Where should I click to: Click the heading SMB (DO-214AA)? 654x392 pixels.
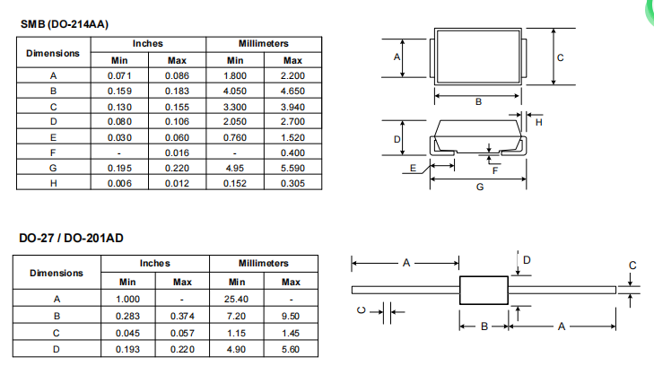point(65,24)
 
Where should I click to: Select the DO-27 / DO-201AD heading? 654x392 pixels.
point(72,238)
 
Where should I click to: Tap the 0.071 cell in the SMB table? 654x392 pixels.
point(119,76)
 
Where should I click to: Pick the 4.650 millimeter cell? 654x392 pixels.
point(292,91)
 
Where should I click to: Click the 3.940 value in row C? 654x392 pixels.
point(292,107)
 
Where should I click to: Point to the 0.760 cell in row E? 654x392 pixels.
point(235,137)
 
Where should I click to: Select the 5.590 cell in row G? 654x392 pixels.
point(292,168)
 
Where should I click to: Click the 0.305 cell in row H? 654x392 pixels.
point(292,184)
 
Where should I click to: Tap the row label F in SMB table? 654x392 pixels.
point(53,153)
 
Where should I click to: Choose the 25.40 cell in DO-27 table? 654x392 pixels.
point(236,300)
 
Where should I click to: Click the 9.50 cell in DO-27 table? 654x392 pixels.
point(291,317)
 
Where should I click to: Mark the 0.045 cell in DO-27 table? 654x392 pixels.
point(127,333)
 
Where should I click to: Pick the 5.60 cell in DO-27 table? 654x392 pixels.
point(291,350)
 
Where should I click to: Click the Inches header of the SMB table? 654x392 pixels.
point(148,44)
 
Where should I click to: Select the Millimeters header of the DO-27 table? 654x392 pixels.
point(263,264)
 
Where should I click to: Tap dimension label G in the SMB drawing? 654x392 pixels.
point(480,187)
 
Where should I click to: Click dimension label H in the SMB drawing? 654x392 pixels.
point(538,123)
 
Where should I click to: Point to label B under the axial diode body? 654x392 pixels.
point(484,327)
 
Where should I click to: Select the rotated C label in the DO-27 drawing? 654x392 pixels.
point(362,310)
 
